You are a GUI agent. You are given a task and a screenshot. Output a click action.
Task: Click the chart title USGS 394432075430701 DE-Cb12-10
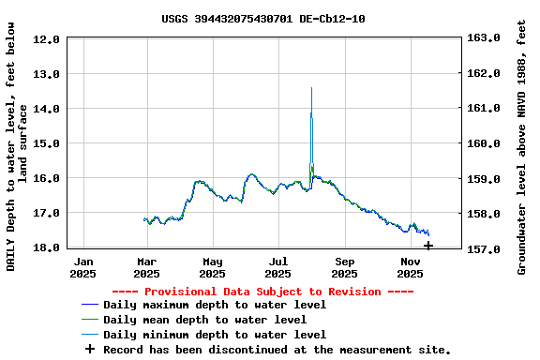(x=263, y=19)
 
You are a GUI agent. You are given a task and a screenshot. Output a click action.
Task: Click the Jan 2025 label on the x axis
(x=83, y=267)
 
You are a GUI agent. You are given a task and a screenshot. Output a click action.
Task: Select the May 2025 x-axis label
(x=213, y=267)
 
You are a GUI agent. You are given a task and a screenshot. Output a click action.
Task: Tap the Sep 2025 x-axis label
(x=344, y=267)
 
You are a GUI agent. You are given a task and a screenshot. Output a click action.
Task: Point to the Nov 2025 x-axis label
(x=410, y=267)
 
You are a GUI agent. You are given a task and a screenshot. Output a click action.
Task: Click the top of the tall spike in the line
(x=311, y=88)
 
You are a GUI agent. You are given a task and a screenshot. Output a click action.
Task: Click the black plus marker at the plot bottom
(x=428, y=246)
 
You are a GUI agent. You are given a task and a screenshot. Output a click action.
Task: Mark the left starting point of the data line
(x=143, y=219)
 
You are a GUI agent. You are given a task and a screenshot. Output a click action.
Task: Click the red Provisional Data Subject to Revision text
(x=262, y=292)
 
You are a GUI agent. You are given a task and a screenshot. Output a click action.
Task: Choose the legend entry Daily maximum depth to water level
(x=215, y=305)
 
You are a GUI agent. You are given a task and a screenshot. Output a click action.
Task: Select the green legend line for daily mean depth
(x=90, y=320)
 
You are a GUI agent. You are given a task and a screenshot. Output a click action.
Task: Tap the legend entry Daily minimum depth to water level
(x=215, y=335)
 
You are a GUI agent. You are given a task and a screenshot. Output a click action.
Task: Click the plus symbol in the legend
(x=90, y=350)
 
